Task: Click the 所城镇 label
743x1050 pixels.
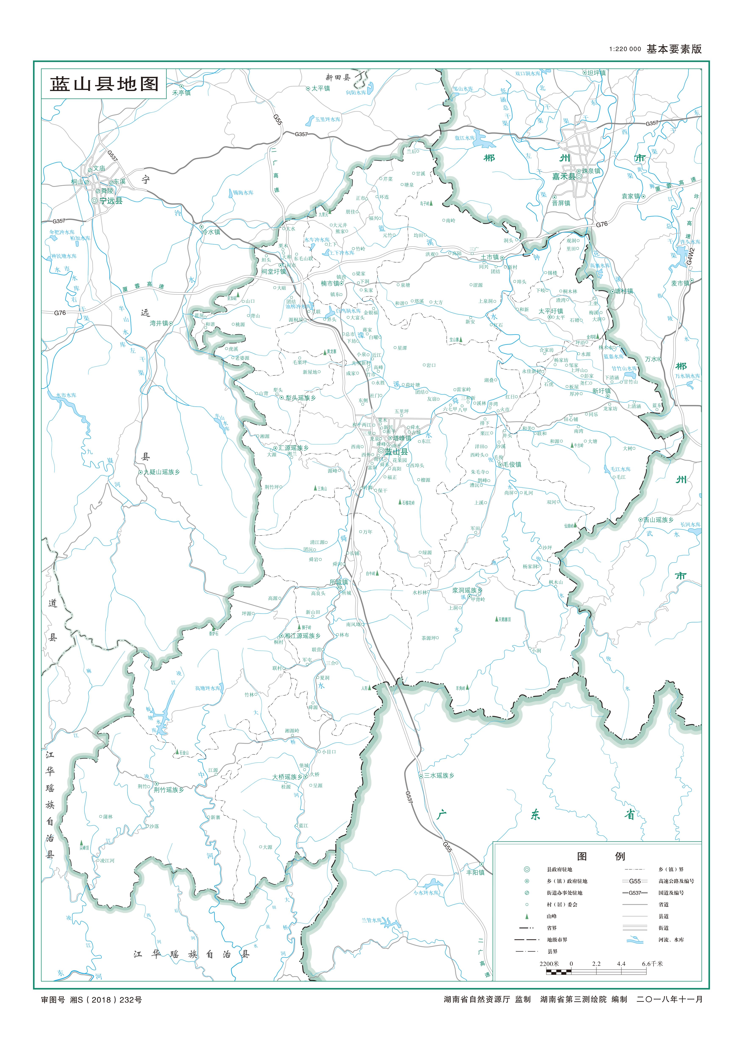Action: pos(339,582)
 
